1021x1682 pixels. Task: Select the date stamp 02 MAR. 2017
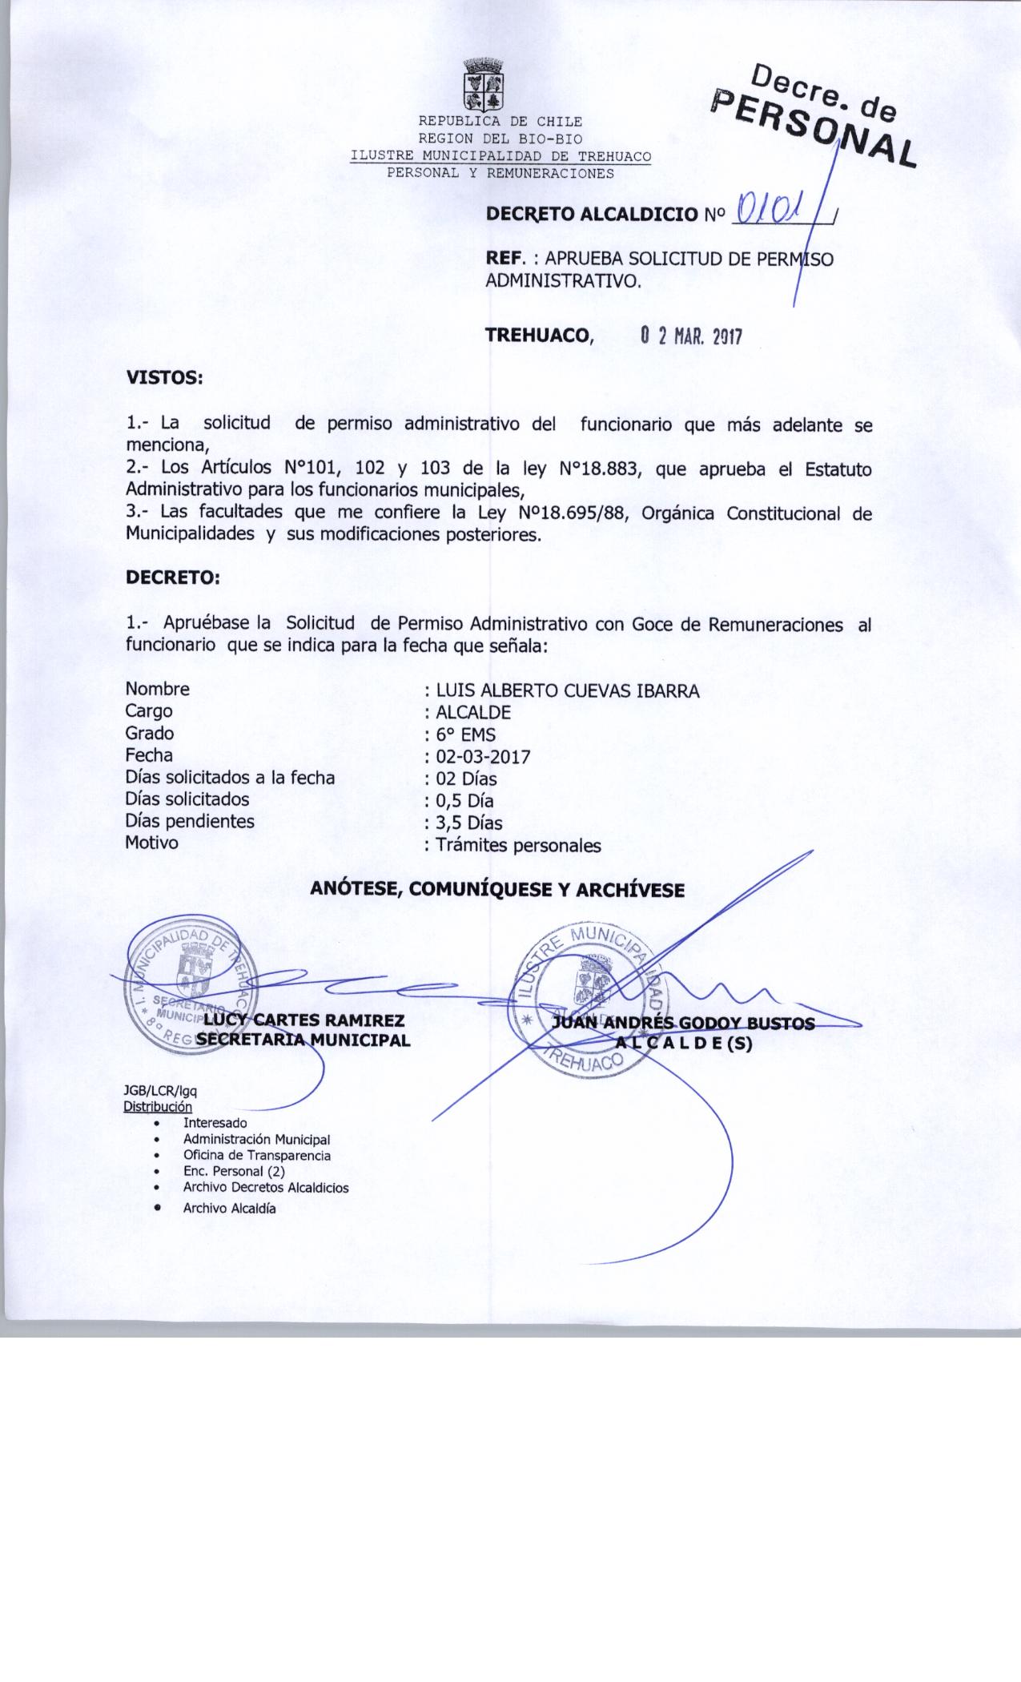pos(691,336)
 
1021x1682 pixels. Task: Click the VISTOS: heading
pos(164,378)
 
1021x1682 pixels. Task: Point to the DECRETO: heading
pos(172,577)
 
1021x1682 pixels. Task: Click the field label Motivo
pos(151,843)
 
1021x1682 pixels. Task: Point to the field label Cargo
pos(148,711)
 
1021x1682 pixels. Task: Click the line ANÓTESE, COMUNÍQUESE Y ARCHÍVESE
pos(497,890)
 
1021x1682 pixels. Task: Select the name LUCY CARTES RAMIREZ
pos(303,1020)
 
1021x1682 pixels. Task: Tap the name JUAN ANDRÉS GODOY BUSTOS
pos(683,1024)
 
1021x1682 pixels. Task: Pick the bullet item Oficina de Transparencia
pos(256,1156)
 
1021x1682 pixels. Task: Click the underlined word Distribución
pos(157,1107)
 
